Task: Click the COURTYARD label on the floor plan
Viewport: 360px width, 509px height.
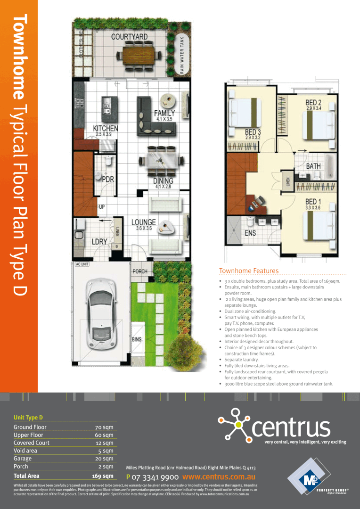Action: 129,37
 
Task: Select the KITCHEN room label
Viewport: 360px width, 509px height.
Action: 106,128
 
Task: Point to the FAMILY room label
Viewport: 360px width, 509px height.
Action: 164,113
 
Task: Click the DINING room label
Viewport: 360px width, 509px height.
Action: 163,181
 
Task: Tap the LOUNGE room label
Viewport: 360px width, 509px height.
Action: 143,222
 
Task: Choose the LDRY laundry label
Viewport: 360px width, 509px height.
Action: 99,241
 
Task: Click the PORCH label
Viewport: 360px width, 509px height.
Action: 139,271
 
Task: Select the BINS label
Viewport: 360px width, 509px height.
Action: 137,339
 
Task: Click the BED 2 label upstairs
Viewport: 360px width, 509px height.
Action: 313,102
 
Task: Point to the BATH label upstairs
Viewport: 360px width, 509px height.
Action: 313,166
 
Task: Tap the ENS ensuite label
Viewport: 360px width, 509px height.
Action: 250,233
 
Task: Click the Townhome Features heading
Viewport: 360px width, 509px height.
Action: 249,271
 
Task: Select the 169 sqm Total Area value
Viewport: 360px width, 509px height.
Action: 103,476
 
